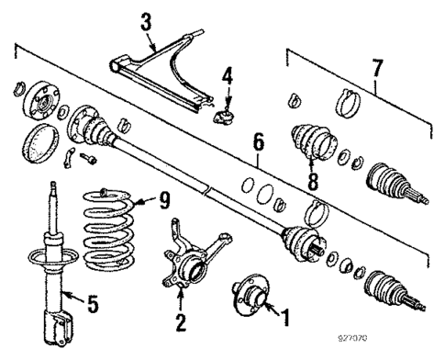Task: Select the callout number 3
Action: click(146, 20)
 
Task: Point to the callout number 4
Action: click(228, 75)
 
